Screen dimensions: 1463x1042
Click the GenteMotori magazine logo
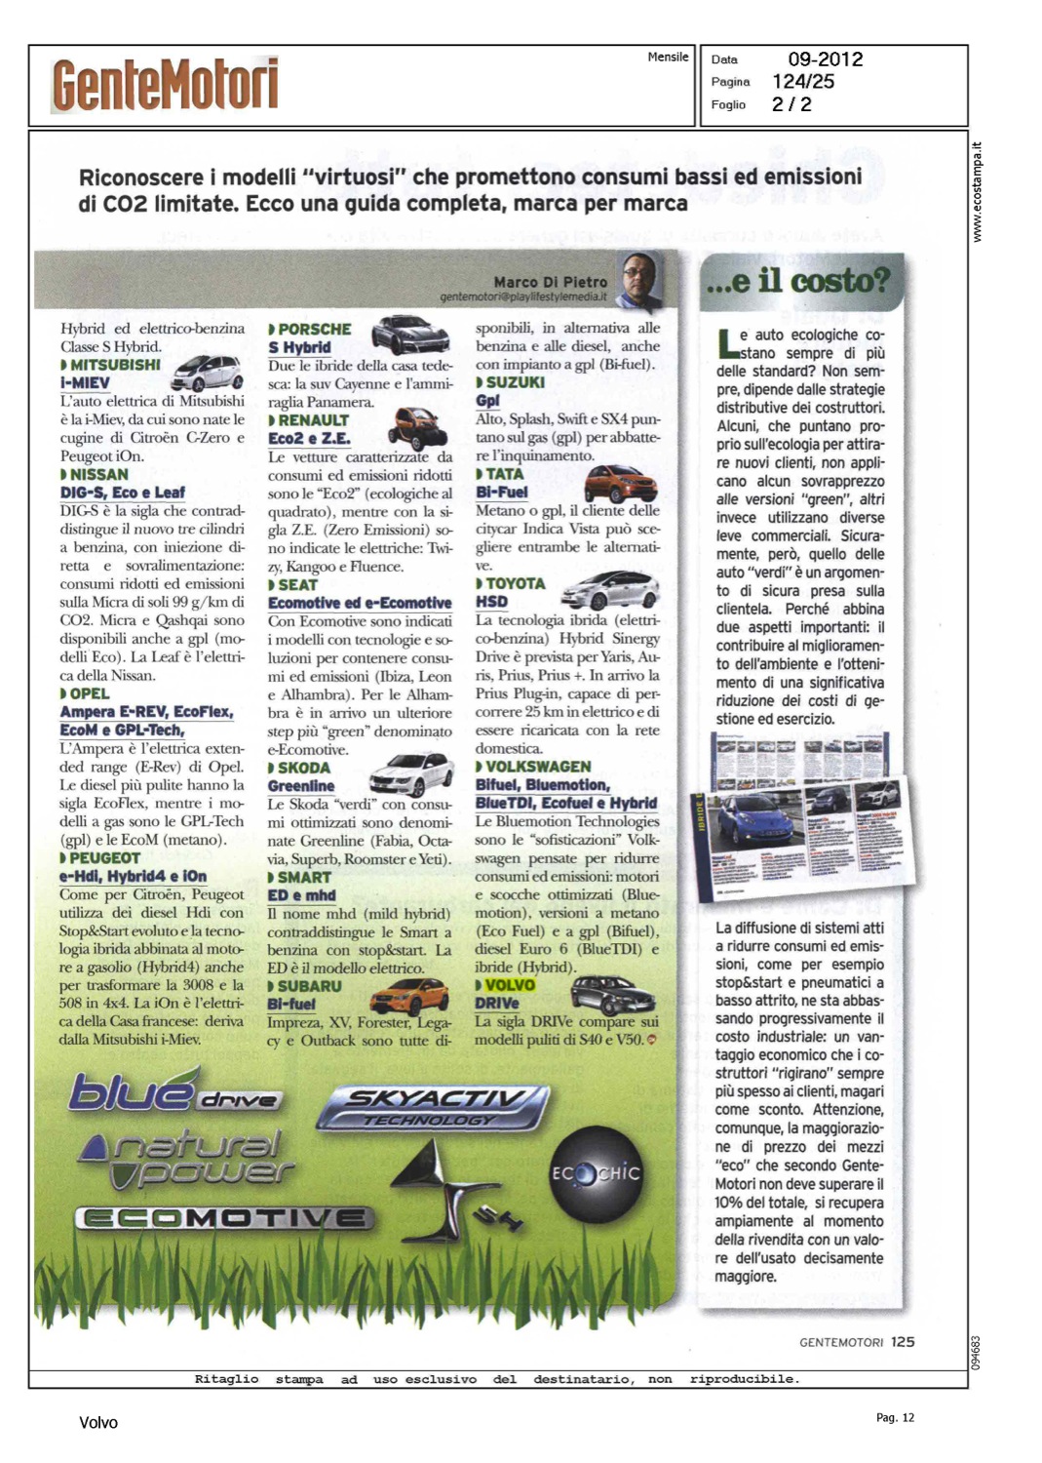click(166, 85)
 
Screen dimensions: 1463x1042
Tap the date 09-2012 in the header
click(825, 59)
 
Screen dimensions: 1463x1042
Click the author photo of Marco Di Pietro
click(639, 278)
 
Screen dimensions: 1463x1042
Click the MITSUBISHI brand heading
click(115, 365)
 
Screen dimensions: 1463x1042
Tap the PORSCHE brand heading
click(314, 330)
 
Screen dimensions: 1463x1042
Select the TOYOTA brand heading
click(515, 583)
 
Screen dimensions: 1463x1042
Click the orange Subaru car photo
click(408, 996)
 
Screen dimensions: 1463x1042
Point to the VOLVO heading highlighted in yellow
click(509, 985)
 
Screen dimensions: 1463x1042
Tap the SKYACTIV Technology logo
click(435, 1106)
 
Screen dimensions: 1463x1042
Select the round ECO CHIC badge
click(595, 1172)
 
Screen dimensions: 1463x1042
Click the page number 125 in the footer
click(903, 1342)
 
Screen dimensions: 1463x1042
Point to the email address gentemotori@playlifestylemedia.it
click(522, 297)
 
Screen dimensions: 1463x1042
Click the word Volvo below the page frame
click(98, 1423)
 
